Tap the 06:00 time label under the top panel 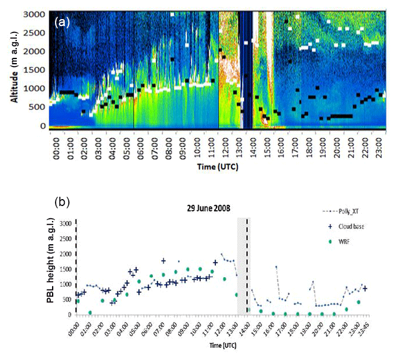coord(139,144)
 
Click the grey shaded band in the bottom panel coord(244,266)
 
